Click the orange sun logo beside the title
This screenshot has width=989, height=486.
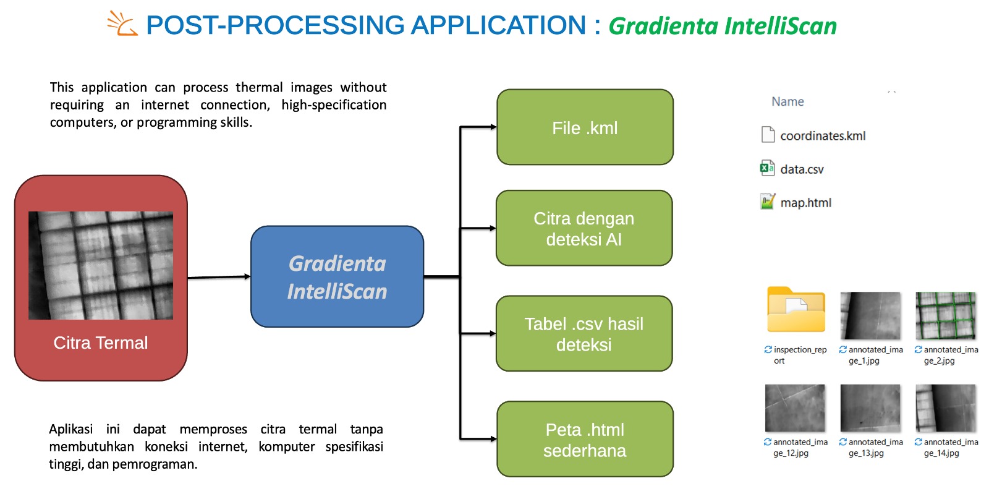click(122, 23)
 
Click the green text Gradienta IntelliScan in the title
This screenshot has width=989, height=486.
click(722, 26)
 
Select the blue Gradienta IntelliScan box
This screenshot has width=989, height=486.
click(337, 276)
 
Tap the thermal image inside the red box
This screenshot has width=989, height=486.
click(101, 265)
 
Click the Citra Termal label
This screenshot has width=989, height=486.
click(101, 343)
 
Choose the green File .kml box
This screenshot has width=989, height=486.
click(585, 127)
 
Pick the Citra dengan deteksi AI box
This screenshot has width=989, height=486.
click(584, 228)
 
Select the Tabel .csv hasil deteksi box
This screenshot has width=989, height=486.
click(584, 334)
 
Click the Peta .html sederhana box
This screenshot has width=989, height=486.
click(585, 440)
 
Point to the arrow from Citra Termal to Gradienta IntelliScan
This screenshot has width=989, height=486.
click(219, 277)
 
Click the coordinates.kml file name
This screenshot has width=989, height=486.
click(823, 136)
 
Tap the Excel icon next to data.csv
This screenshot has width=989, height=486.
click(767, 168)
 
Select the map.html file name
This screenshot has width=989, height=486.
click(805, 203)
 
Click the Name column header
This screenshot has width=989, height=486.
click(787, 101)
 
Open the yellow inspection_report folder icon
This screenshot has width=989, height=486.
click(796, 310)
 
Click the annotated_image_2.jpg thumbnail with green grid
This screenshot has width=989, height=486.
click(945, 315)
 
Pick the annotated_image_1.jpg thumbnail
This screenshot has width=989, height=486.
click(870, 315)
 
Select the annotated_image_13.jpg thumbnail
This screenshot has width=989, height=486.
click(870, 407)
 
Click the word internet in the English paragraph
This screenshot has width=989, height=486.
click(165, 105)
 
